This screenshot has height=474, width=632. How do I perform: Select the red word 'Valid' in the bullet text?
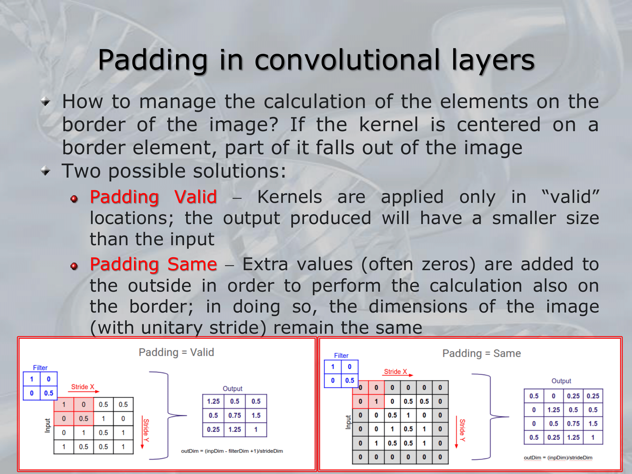(196, 197)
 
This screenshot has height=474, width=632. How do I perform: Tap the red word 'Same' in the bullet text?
(192, 264)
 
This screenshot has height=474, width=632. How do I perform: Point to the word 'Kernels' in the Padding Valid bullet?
(290, 197)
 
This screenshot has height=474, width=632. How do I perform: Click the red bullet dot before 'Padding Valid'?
(74, 199)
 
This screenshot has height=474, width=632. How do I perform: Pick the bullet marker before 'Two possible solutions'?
(46, 171)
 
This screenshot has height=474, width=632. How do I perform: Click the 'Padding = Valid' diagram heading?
(176, 352)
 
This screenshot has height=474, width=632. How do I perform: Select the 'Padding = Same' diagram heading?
(482, 353)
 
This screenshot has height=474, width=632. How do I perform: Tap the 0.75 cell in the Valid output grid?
(234, 415)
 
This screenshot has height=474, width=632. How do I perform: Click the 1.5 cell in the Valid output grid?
(256, 415)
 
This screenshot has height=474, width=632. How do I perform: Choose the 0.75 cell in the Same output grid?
(573, 423)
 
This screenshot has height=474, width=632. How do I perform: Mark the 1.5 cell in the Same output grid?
(593, 423)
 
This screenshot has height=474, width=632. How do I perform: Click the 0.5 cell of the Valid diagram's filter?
(49, 393)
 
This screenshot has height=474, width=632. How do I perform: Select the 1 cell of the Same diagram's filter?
(333, 367)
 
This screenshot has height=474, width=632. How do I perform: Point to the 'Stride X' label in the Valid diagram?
(83, 387)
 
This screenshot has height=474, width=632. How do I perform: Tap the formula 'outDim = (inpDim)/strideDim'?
(558, 458)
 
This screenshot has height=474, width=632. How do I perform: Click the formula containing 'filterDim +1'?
(232, 451)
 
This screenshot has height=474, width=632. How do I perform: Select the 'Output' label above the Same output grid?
(561, 381)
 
